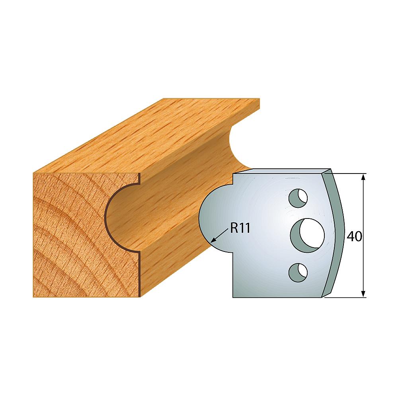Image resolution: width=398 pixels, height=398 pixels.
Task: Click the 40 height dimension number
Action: tap(354, 236)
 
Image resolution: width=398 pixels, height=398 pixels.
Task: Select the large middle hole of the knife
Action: tap(307, 234)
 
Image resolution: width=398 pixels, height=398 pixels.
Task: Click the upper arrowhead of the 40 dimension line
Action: tap(363, 177)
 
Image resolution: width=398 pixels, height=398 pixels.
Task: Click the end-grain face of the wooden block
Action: tap(72, 239)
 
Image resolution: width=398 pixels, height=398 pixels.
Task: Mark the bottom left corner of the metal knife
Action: tap(233, 297)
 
